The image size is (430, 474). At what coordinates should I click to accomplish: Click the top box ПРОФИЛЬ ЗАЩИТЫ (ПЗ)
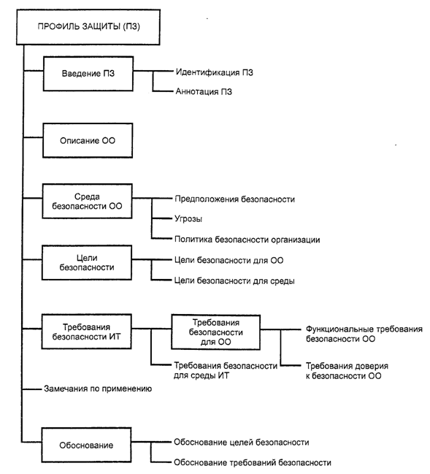coord(88,27)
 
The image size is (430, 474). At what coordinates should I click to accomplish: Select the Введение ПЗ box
coord(88,74)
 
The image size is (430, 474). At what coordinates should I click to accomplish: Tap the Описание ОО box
coord(88,140)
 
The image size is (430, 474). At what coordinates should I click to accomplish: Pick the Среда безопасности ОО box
coord(87,201)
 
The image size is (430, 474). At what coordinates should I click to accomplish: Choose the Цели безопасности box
coord(87,262)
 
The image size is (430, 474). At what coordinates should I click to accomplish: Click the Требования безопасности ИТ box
coord(86,332)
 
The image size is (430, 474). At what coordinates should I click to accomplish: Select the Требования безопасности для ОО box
coord(216,332)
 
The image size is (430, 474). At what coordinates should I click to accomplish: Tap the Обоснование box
coord(86,445)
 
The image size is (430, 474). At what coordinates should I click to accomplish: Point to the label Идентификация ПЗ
coord(214,72)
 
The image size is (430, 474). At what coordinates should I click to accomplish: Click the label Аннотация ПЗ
coord(204,91)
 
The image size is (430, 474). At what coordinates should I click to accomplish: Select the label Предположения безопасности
coord(234,199)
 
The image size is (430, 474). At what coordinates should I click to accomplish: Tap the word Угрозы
coord(188,219)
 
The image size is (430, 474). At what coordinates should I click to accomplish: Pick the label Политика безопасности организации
coord(247,240)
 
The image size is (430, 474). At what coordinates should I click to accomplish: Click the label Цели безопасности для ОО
coord(229,260)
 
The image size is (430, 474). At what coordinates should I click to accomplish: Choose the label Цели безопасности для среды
coord(234,281)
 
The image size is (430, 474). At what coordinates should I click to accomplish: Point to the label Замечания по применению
coord(98,389)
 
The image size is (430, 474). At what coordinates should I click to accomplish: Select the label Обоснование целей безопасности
coord(241,443)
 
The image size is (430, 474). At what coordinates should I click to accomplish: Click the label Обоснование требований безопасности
coord(253,462)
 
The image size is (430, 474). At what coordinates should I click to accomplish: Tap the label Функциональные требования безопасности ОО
coord(364,334)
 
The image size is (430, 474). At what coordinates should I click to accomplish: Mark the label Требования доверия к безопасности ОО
coord(347,371)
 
